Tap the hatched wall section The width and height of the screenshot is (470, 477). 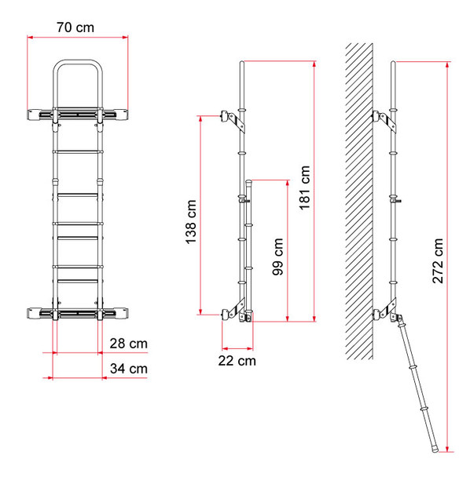coord(358,196)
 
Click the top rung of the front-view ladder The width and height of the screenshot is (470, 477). coord(77,150)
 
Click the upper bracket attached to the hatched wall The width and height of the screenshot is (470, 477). coord(381,118)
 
